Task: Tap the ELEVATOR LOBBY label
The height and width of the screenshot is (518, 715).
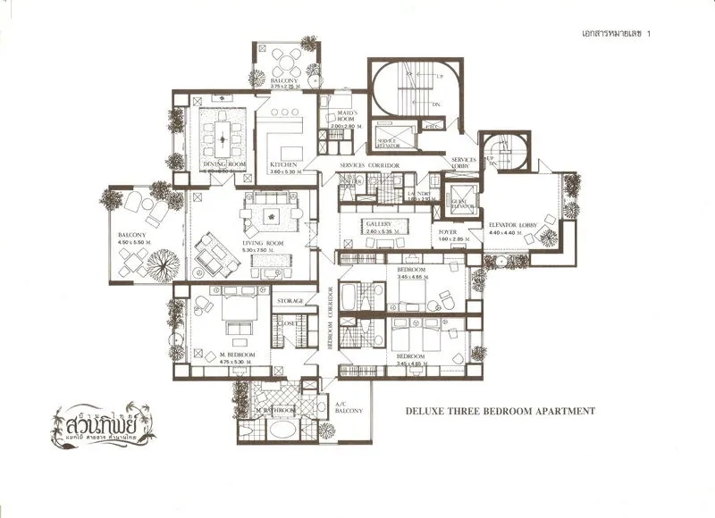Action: pyautogui.click(x=511, y=224)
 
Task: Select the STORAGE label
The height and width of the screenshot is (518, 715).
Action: pyautogui.click(x=291, y=301)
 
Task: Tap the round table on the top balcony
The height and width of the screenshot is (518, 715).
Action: pyautogui.click(x=288, y=62)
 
